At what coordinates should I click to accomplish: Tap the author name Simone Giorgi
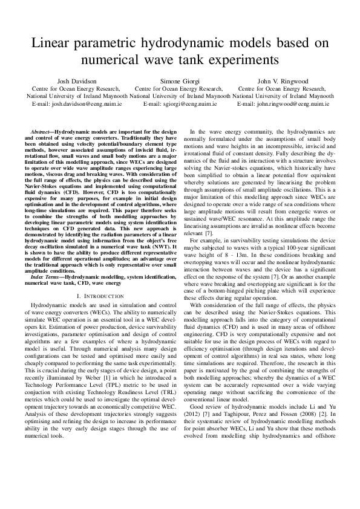tap(180, 81)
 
